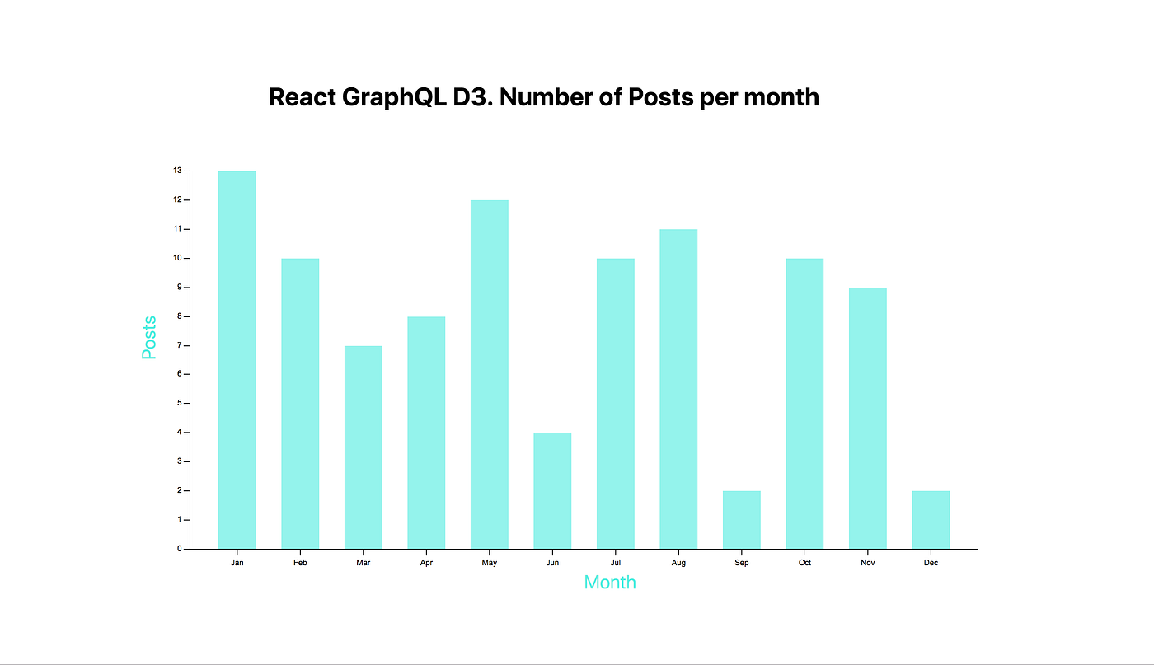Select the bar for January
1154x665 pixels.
[x=237, y=359]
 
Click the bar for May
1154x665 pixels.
[x=489, y=374]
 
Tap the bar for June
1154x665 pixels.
[x=552, y=490]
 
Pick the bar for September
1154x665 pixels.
[x=741, y=519]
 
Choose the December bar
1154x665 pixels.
[x=931, y=519]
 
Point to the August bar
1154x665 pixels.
[x=678, y=389]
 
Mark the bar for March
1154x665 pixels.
[x=363, y=447]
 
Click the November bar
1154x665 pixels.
[x=867, y=418]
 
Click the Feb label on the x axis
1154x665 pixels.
[x=300, y=563]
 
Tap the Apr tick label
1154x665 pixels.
[x=426, y=563]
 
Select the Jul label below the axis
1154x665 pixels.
[x=615, y=563]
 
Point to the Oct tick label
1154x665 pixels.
[x=805, y=563]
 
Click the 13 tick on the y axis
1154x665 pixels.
[x=177, y=171]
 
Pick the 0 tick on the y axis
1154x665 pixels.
[x=179, y=549]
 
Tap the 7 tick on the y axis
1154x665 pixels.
[x=179, y=345]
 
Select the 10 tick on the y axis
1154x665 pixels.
[x=177, y=258]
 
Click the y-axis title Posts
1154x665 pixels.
[x=149, y=338]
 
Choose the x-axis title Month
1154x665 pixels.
[x=610, y=583]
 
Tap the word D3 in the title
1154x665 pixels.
[x=472, y=97]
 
